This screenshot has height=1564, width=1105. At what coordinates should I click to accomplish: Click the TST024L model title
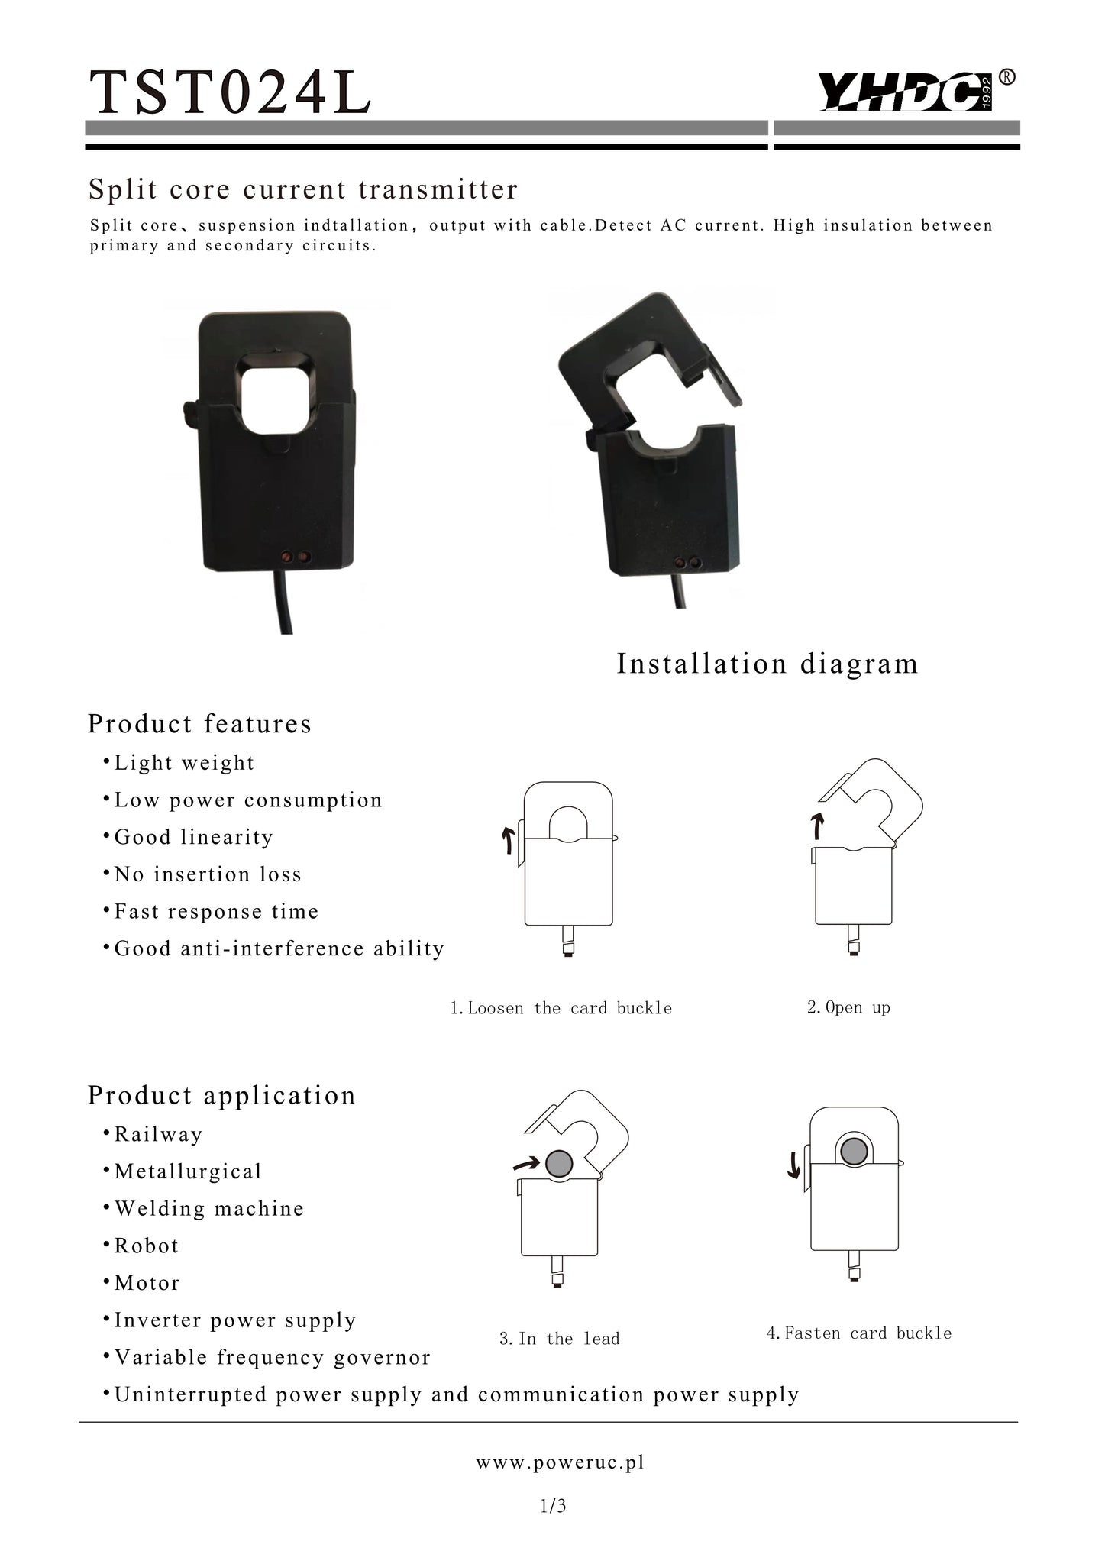pyautogui.click(x=230, y=92)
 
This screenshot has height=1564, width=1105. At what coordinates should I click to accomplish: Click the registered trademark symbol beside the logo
pyautogui.click(x=1007, y=77)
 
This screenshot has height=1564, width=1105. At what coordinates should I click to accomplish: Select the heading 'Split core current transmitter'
pyautogui.click(x=303, y=189)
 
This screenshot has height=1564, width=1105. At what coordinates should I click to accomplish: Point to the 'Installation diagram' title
pyautogui.click(x=767, y=664)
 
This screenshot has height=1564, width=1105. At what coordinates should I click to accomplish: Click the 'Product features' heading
pyautogui.click(x=199, y=723)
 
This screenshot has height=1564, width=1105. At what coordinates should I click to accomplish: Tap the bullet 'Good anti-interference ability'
pyautogui.click(x=273, y=948)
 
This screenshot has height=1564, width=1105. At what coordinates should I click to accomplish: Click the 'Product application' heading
pyautogui.click(x=221, y=1095)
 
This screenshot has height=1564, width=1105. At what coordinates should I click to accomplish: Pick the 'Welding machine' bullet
pyautogui.click(x=203, y=1208)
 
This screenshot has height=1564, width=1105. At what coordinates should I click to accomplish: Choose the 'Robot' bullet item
pyautogui.click(x=141, y=1246)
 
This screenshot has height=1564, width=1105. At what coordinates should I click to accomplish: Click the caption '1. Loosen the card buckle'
pyautogui.click(x=561, y=1008)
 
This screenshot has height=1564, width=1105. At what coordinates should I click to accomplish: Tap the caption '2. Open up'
pyautogui.click(x=848, y=1007)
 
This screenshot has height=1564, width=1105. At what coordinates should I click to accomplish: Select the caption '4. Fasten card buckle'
pyautogui.click(x=859, y=1333)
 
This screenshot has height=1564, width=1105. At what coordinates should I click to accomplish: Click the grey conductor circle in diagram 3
pyautogui.click(x=559, y=1163)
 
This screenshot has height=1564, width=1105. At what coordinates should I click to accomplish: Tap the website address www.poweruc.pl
pyautogui.click(x=560, y=1462)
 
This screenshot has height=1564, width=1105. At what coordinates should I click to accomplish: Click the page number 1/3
pyautogui.click(x=553, y=1505)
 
